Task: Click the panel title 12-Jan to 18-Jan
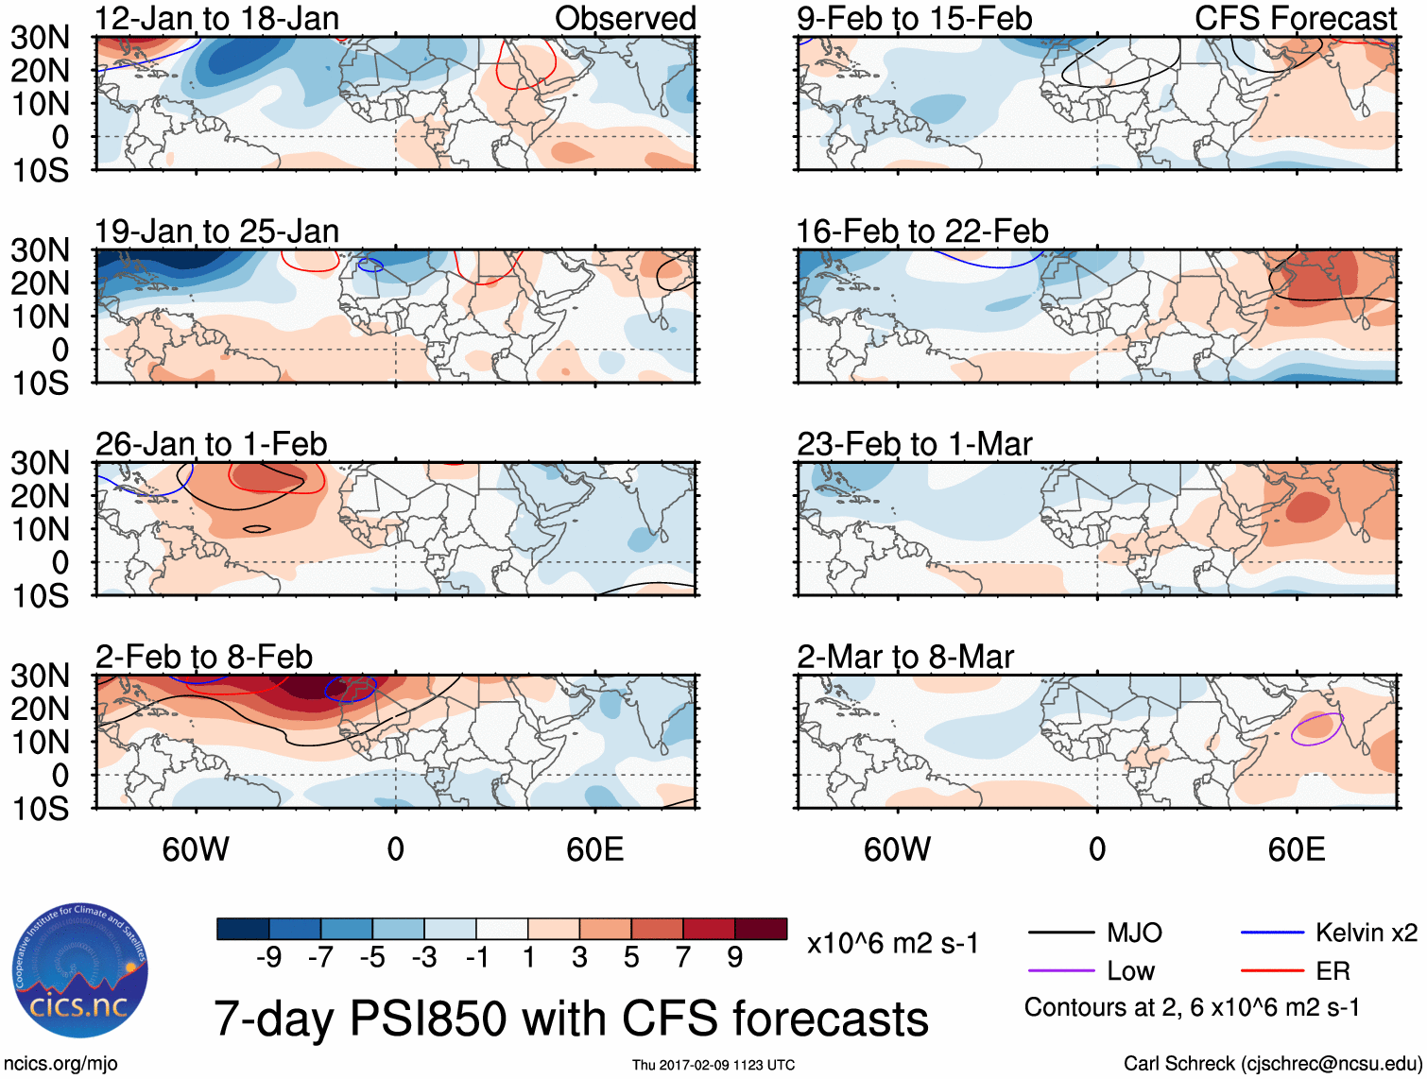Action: (x=216, y=18)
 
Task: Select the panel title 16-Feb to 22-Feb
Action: (x=921, y=231)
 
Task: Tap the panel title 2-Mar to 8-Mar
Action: (x=904, y=657)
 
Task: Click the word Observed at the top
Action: (x=625, y=18)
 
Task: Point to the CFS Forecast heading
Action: (x=1295, y=18)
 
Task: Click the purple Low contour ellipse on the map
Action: (x=1317, y=728)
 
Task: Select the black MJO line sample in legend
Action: (x=1060, y=933)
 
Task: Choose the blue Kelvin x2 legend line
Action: (x=1272, y=933)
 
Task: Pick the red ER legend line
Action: (x=1272, y=970)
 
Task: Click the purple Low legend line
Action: (x=1060, y=970)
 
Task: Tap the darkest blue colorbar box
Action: (x=243, y=929)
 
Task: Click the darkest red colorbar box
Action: (x=761, y=929)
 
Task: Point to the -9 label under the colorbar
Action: (x=268, y=958)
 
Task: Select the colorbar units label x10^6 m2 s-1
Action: (x=892, y=943)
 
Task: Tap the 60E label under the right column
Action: (x=1296, y=849)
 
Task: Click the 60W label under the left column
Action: (x=196, y=849)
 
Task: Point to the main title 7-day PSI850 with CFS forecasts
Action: (x=571, y=1019)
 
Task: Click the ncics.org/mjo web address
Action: (x=60, y=1064)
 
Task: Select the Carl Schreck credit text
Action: (x=1272, y=1064)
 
